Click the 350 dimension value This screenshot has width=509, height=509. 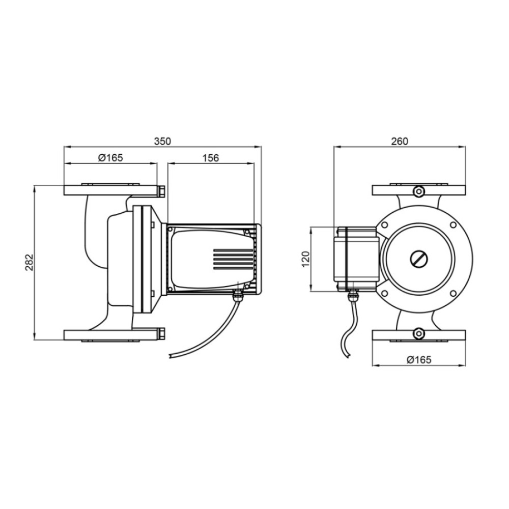coord(162,142)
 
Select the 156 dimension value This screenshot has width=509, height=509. coord(211,158)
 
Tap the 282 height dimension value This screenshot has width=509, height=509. coord(29,262)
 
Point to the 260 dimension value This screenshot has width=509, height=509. coord(399,142)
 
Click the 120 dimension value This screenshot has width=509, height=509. coord(306,259)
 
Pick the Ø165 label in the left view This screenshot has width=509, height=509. coord(110,158)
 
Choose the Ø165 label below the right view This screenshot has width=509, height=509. coord(419,360)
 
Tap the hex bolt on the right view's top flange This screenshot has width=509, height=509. coord(419,191)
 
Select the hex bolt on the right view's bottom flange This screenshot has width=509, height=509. coord(419,334)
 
